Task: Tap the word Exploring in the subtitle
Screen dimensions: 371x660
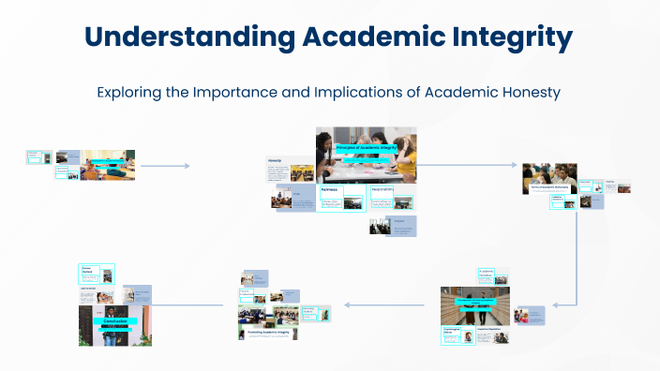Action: click(130, 93)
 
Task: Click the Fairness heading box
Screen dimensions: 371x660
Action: click(329, 189)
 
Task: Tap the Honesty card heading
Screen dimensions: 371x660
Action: click(276, 160)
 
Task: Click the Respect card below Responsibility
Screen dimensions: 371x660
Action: click(400, 225)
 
